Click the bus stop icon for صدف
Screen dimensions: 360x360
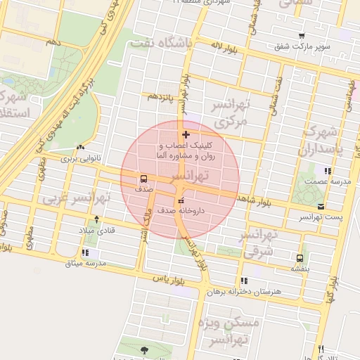143,179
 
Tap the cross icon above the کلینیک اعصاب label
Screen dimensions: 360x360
186,134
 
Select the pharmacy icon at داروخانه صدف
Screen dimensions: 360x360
179,202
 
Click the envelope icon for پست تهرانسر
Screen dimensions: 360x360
321,206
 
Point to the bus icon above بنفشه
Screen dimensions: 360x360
300,258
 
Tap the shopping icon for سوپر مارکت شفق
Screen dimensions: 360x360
302,36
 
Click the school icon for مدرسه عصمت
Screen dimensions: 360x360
327,171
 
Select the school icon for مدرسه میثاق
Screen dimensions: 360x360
86,253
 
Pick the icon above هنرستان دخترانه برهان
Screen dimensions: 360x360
244,281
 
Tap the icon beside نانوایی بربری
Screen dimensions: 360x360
82,148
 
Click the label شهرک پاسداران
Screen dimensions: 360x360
320,141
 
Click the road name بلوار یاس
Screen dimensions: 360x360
169,278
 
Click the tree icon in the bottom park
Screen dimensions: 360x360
144,349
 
